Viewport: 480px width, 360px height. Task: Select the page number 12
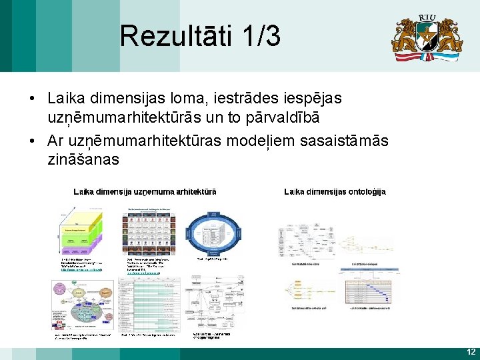pos(471,351)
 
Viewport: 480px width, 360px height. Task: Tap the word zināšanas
pos(83,160)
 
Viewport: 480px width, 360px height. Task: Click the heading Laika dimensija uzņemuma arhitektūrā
pos(145,192)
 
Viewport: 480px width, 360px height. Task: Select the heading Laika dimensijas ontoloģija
pos(335,192)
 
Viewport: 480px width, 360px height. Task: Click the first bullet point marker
pos(32,99)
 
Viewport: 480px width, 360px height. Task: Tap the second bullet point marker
pos(32,141)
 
